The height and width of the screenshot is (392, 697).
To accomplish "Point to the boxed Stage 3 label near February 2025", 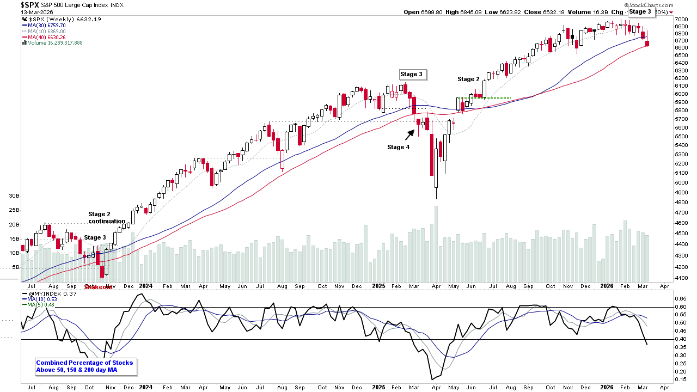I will [411, 74].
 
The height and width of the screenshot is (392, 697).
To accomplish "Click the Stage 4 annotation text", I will [399, 147].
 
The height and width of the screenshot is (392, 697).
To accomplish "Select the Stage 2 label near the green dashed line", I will [469, 79].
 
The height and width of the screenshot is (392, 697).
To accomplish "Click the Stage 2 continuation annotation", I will [107, 217].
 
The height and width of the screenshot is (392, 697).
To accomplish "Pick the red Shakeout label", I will [98, 287].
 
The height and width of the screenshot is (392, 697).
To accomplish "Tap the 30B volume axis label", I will [14, 195].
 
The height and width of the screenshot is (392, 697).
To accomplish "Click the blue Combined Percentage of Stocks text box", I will [84, 366].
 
